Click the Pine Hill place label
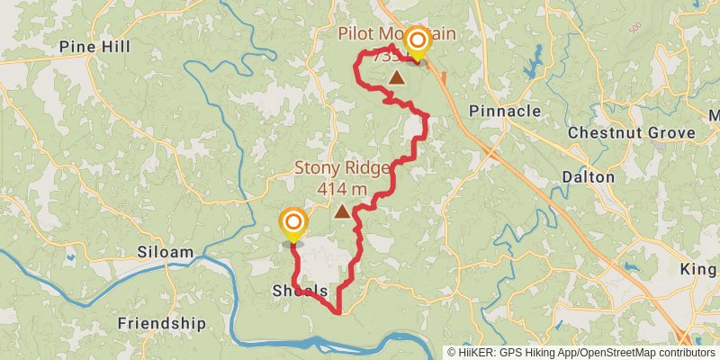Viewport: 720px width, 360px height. coord(94,47)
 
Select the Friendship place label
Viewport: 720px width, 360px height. coord(162,323)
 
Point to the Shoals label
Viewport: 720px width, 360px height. coord(299,291)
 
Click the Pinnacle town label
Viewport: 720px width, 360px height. coord(506,111)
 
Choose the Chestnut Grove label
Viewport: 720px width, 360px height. coord(632,133)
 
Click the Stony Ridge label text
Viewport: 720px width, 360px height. coord(342,168)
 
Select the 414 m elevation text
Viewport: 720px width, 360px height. coord(342,189)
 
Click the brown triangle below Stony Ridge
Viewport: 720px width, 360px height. coord(342,211)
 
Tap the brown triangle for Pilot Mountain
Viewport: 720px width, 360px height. coord(396,77)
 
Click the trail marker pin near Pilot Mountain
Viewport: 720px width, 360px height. coord(417,42)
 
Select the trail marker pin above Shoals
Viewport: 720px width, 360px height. coord(292,223)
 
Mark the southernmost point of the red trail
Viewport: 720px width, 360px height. coord(338,312)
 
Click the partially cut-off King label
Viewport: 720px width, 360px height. coord(698,270)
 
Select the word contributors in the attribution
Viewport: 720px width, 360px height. coord(685,352)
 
